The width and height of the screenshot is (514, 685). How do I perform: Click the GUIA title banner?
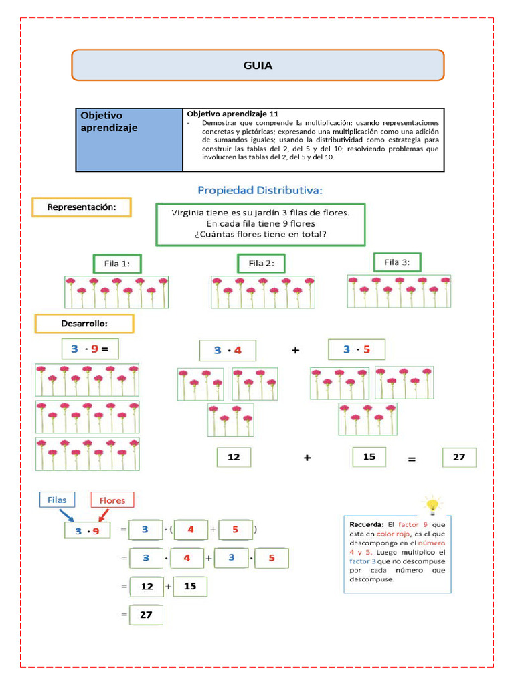258,65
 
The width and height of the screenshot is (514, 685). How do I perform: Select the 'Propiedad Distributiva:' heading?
260,191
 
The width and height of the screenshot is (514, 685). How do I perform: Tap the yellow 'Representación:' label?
81,207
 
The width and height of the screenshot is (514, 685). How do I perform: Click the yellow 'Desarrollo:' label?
84,324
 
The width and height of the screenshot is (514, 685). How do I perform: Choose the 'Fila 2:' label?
261,263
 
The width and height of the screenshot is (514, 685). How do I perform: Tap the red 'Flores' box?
112,500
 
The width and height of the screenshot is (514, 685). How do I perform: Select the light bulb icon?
432,504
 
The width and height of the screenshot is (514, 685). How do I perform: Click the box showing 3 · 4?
228,350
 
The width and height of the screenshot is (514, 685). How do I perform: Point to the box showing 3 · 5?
356,349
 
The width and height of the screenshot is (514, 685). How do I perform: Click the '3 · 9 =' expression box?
90,349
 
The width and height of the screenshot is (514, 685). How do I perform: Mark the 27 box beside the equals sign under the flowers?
459,458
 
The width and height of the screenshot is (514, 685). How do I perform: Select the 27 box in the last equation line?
146,615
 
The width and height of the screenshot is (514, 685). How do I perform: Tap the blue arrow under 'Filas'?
67,516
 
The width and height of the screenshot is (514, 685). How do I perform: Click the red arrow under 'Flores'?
104,516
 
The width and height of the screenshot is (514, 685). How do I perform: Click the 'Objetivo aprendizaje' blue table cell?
129,140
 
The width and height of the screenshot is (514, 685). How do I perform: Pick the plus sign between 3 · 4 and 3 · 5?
295,350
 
